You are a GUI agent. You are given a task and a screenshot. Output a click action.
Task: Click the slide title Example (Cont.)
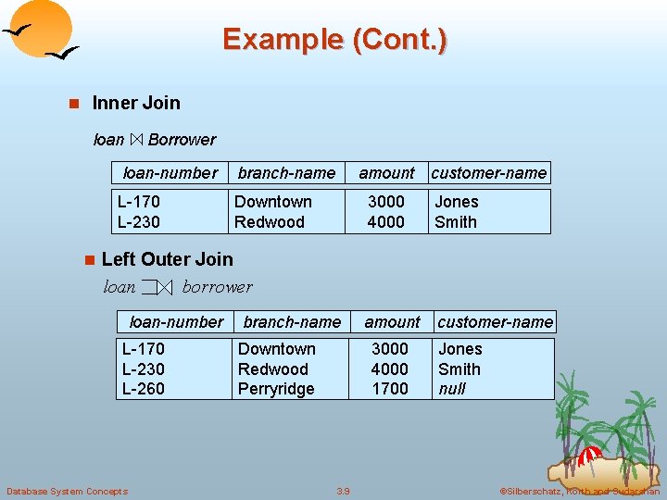pos(334,39)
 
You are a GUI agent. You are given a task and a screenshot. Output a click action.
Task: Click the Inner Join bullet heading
pos(136,103)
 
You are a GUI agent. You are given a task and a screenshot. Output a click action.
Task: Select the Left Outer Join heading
pos(167,259)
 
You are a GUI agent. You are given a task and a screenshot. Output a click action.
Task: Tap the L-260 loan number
pos(144,389)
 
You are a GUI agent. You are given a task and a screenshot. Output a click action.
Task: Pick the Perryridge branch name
pos(276,389)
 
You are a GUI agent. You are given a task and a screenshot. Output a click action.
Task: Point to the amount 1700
pos(389,389)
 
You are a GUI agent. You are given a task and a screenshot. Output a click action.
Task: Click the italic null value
pos(452,389)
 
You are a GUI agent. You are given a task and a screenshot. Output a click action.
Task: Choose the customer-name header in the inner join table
pos(488,173)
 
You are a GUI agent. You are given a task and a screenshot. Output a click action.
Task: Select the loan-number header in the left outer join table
pos(176,322)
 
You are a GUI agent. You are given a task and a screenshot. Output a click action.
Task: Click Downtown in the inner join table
pos(272,202)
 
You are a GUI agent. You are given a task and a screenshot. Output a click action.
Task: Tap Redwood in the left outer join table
pos(272,369)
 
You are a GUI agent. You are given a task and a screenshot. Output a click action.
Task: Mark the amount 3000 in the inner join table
pos(385,202)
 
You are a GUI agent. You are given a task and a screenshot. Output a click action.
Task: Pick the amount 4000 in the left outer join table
pos(389,369)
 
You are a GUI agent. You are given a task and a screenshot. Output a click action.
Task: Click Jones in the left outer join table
pos(459,349)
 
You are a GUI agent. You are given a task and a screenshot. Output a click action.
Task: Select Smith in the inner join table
pos(456,222)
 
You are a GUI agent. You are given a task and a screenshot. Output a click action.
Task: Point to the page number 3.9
pos(343,491)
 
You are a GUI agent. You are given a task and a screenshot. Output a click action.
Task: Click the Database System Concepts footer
pos(67,491)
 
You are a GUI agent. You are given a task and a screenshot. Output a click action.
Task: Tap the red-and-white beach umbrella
pos(589,455)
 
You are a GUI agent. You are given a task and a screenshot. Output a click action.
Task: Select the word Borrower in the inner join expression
pos(182,140)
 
